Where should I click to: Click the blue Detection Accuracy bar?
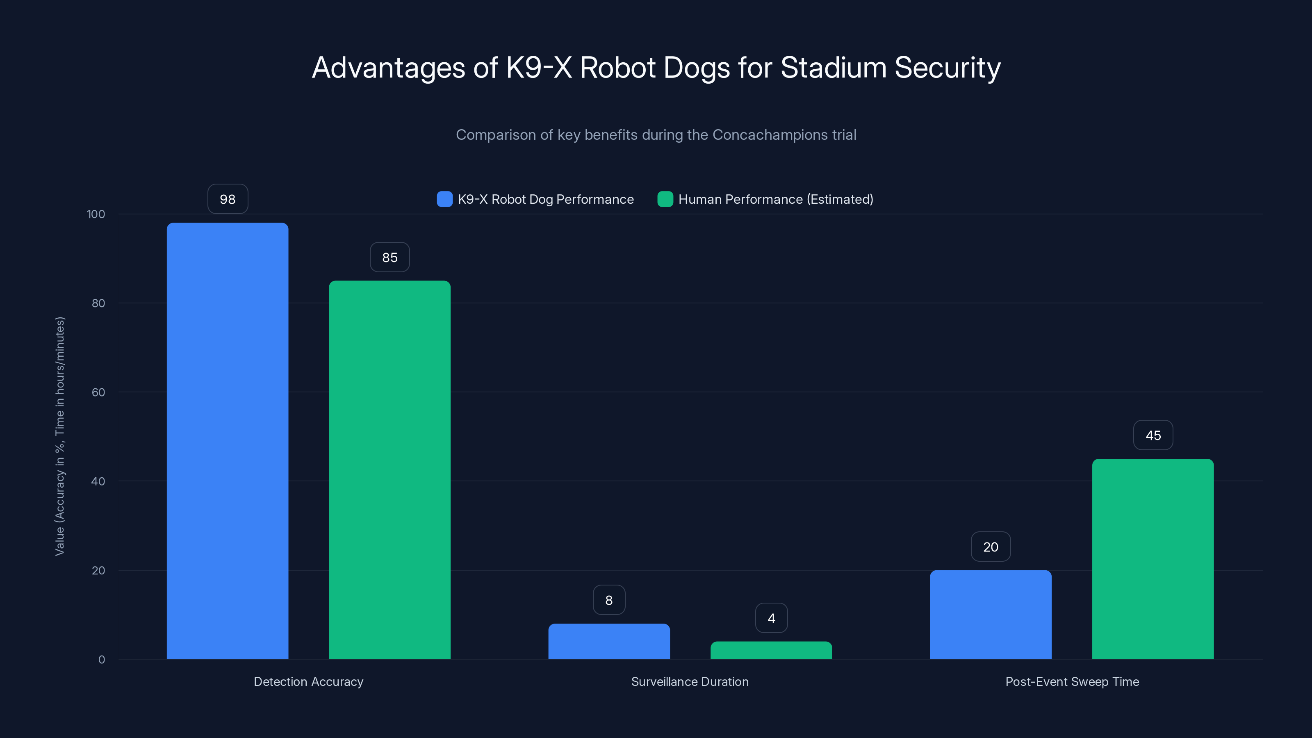(x=227, y=441)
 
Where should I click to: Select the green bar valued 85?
(x=389, y=469)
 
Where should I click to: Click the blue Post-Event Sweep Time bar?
(x=991, y=615)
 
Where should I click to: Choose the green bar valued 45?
(x=1153, y=559)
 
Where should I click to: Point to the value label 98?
(x=228, y=199)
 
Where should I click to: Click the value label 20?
(x=991, y=547)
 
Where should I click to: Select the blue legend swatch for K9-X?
(x=444, y=199)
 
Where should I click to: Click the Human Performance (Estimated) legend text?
(x=776, y=199)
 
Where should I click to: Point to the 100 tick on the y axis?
(x=96, y=214)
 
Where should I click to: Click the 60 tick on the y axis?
(x=98, y=392)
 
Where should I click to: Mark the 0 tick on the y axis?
(x=101, y=660)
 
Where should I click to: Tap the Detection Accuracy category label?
(x=308, y=681)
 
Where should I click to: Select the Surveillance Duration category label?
(x=690, y=681)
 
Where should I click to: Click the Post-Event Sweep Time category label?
(x=1072, y=681)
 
